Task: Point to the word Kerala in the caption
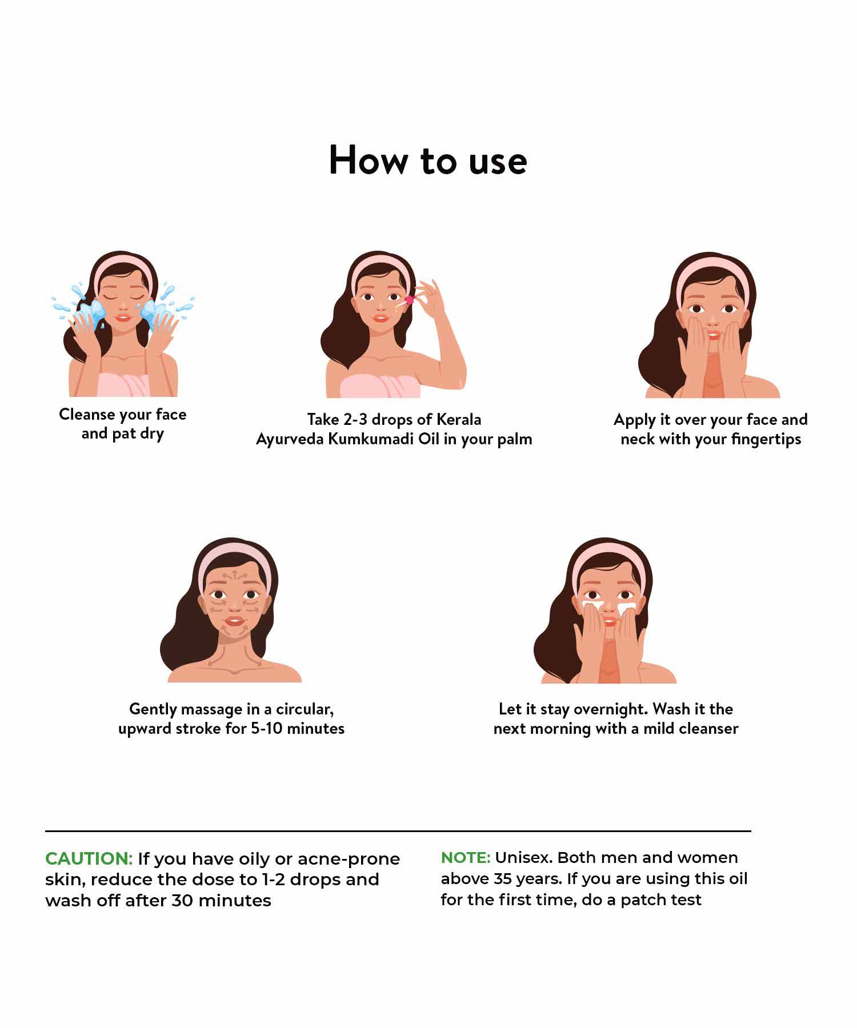(459, 420)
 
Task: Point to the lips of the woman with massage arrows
(234, 621)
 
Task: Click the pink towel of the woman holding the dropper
(380, 385)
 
